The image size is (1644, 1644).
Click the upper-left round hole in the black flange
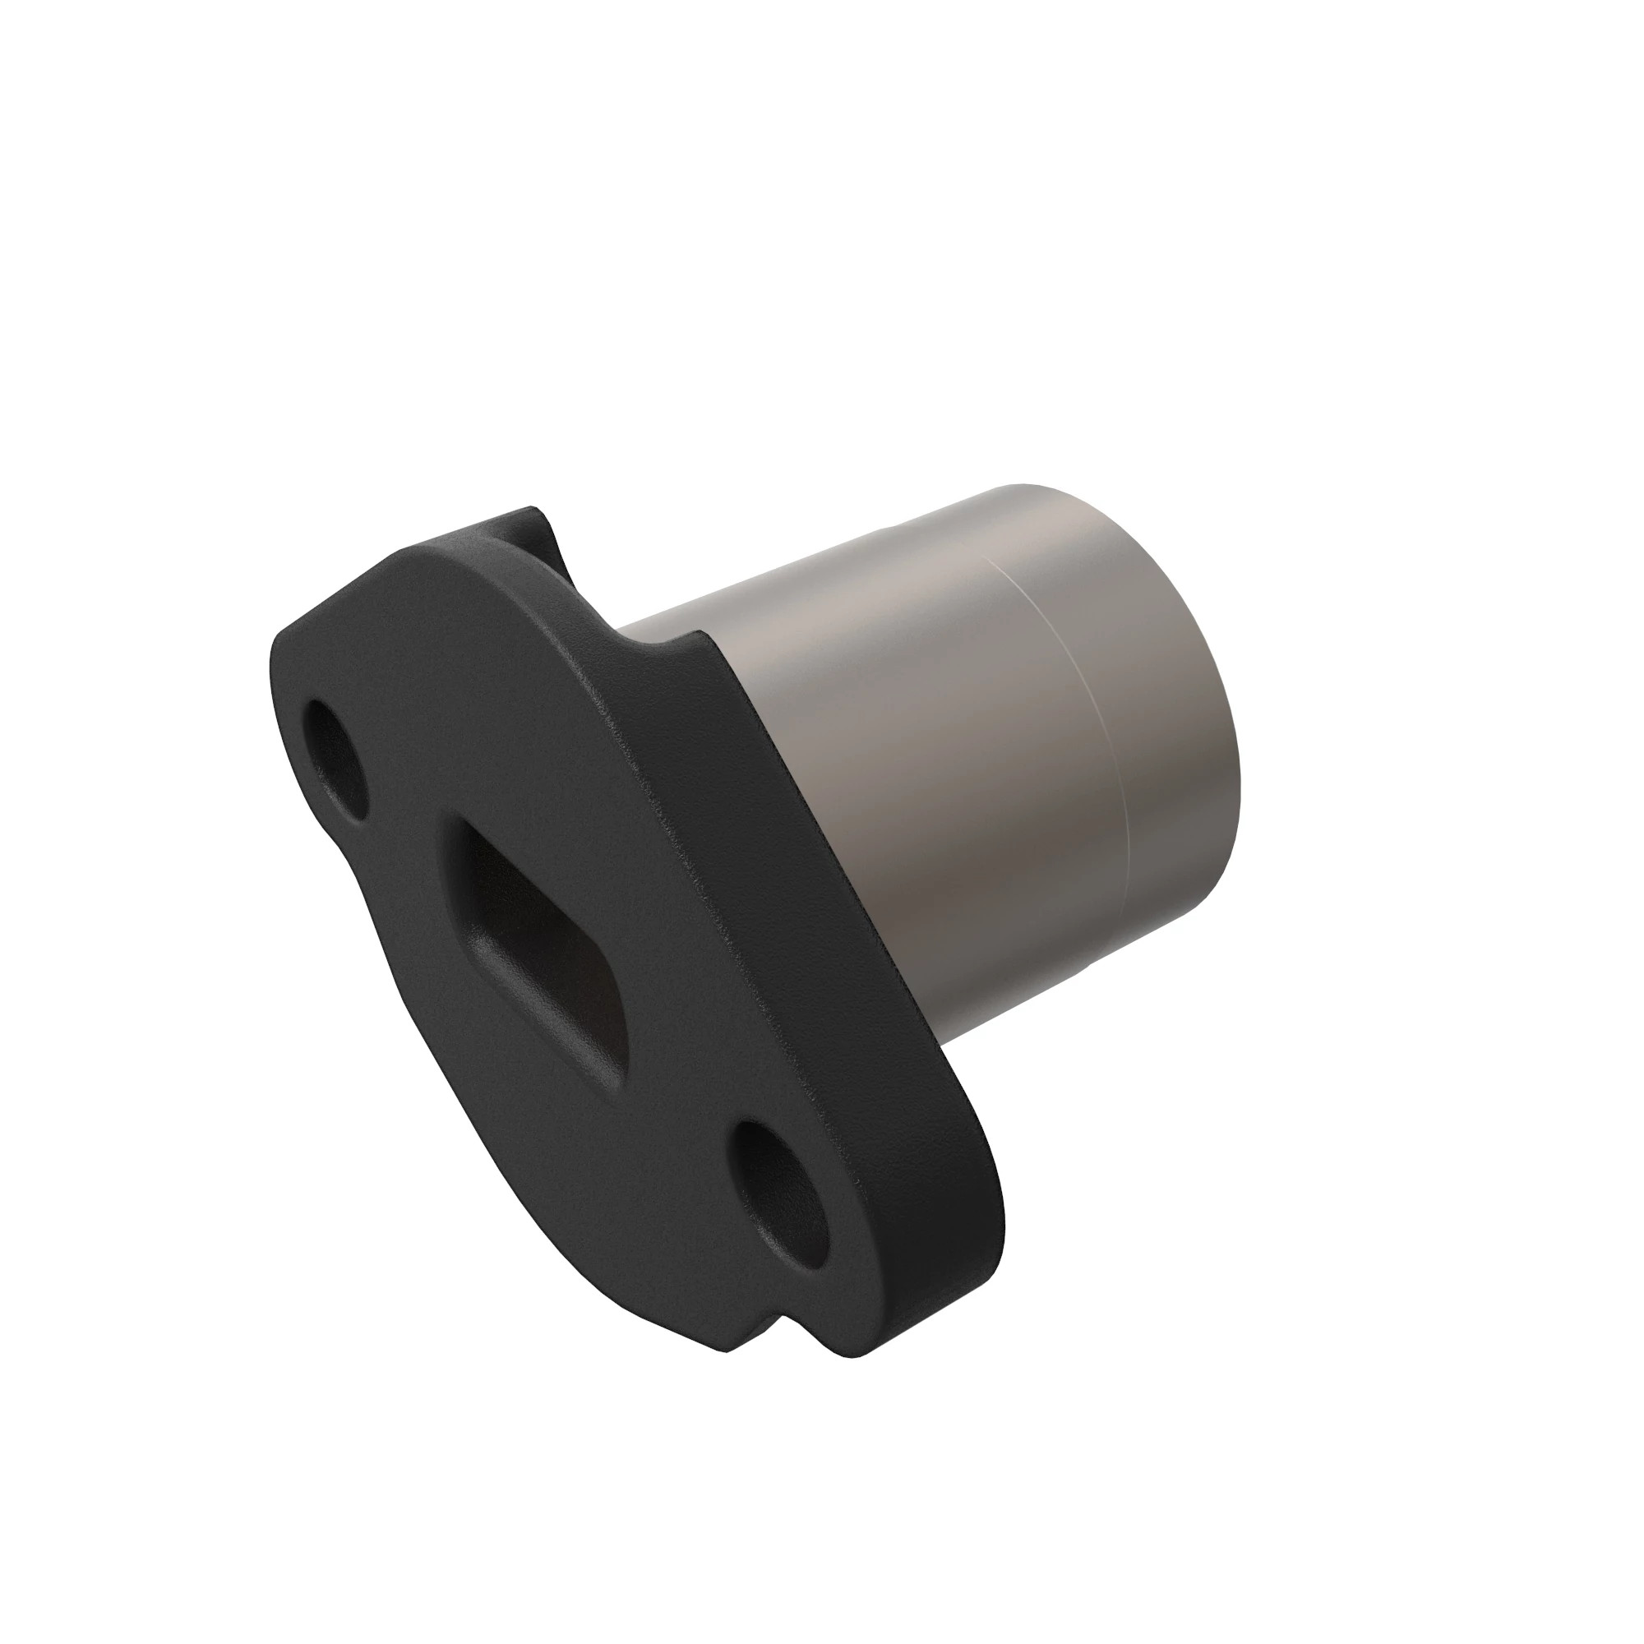point(335,760)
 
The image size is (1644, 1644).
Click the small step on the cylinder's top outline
point(885,532)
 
